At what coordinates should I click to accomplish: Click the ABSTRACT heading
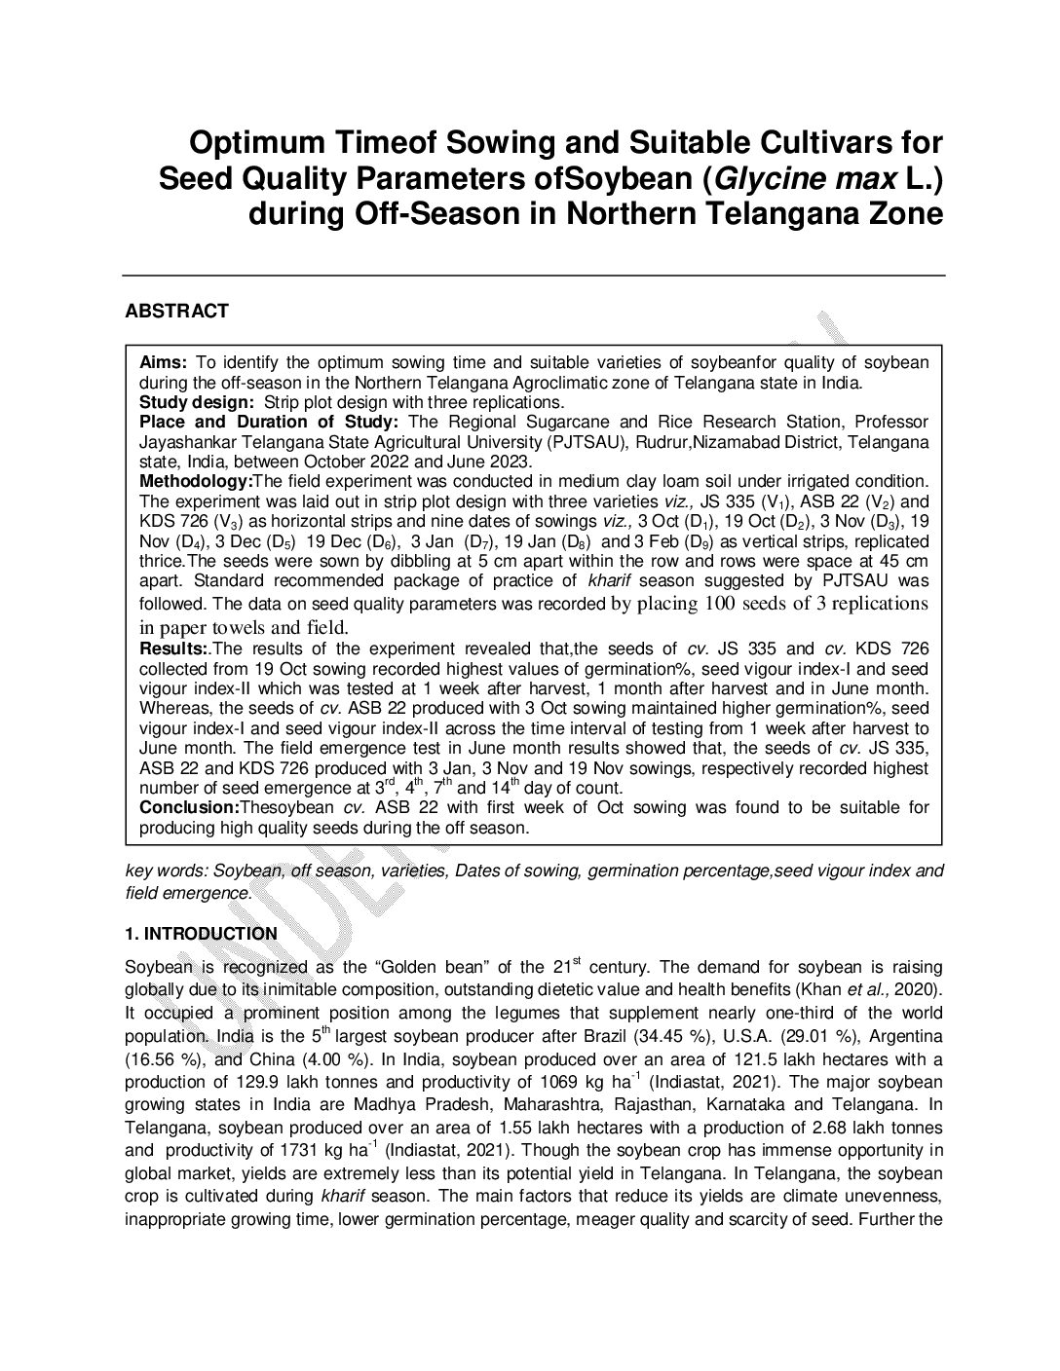pyautogui.click(x=176, y=312)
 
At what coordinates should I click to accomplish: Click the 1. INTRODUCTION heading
pyautogui.click(x=201, y=934)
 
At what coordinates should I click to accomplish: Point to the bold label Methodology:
pyautogui.click(x=196, y=481)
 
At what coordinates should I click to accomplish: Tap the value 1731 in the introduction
pyautogui.click(x=310, y=1150)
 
